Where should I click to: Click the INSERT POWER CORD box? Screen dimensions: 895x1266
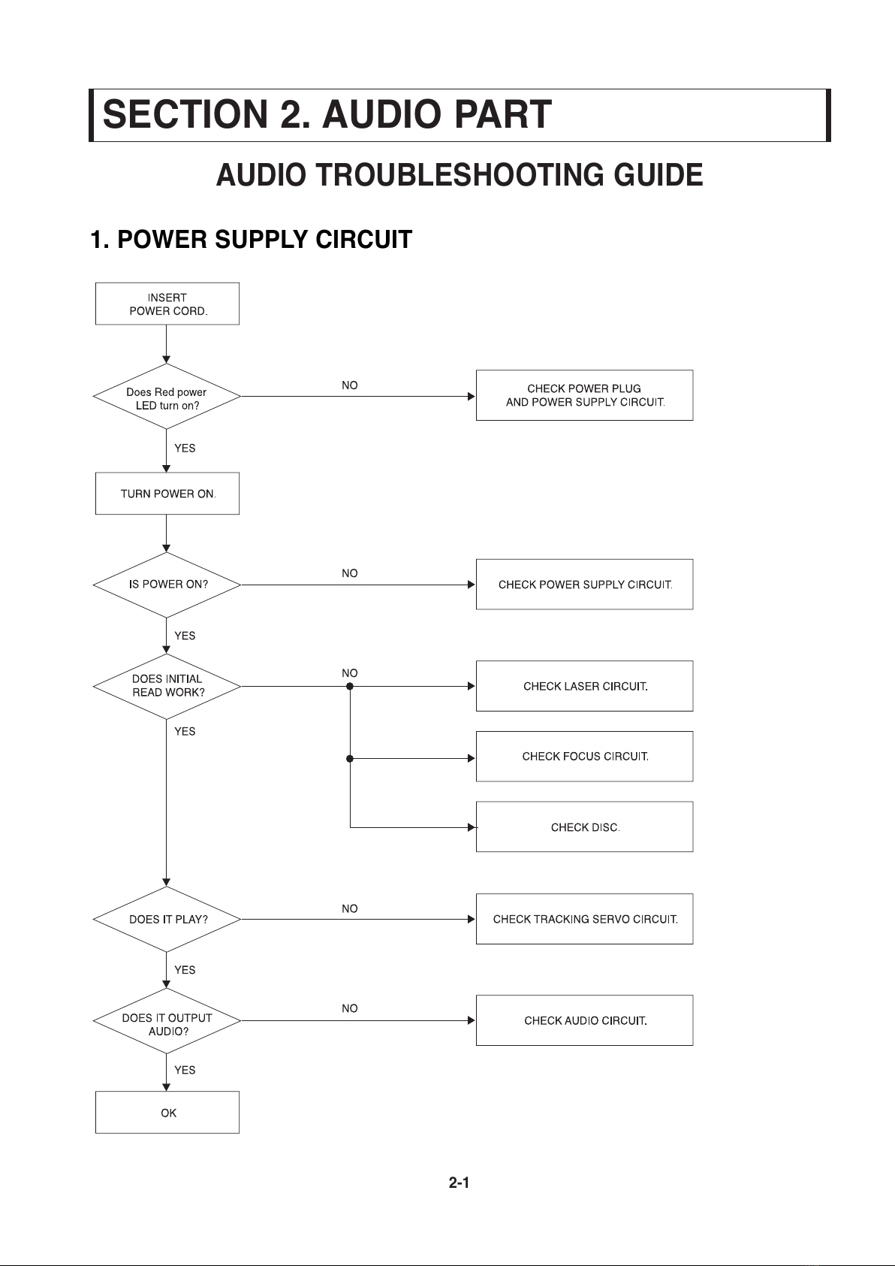click(167, 304)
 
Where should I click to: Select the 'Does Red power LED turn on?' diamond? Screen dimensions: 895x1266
click(167, 396)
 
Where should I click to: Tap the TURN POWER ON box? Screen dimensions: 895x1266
click(167, 494)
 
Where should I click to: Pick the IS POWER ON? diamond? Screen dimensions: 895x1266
click(167, 585)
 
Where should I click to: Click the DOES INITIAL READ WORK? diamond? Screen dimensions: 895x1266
click(167, 686)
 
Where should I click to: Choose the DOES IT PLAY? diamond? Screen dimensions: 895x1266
click(167, 919)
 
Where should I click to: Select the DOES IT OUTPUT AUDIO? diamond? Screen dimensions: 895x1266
click(167, 1021)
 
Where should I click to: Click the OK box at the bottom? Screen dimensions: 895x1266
click(167, 1112)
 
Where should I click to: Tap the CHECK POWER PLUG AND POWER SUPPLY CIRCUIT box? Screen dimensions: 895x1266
click(584, 395)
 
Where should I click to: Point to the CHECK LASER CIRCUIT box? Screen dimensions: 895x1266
click(584, 686)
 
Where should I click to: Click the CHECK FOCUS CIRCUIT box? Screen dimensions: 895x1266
click(584, 756)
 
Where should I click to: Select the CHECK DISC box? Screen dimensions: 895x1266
click(584, 827)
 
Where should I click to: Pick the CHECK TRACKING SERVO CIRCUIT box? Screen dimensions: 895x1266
click(584, 919)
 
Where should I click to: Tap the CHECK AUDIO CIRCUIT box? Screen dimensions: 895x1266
click(584, 1020)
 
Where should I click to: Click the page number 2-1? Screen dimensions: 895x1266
click(459, 1183)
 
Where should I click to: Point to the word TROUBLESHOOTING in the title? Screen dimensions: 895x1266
click(461, 174)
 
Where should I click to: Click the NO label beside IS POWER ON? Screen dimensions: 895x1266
click(350, 573)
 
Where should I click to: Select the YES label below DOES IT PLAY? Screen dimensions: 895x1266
click(185, 970)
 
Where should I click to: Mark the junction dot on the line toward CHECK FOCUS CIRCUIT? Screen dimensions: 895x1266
click(350, 758)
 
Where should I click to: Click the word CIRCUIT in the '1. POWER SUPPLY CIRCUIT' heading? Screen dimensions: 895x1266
click(363, 240)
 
